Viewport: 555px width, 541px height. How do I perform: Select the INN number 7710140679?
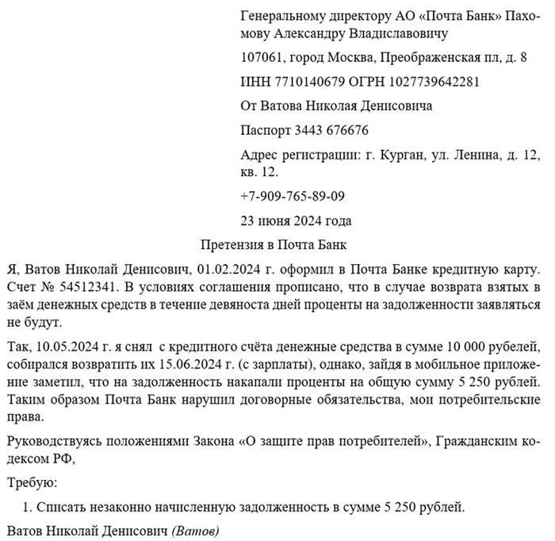[x=307, y=82]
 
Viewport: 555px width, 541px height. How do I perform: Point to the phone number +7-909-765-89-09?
[x=292, y=196]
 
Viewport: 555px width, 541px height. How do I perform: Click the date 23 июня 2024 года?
[x=296, y=220]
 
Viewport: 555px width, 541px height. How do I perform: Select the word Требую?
[x=32, y=481]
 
